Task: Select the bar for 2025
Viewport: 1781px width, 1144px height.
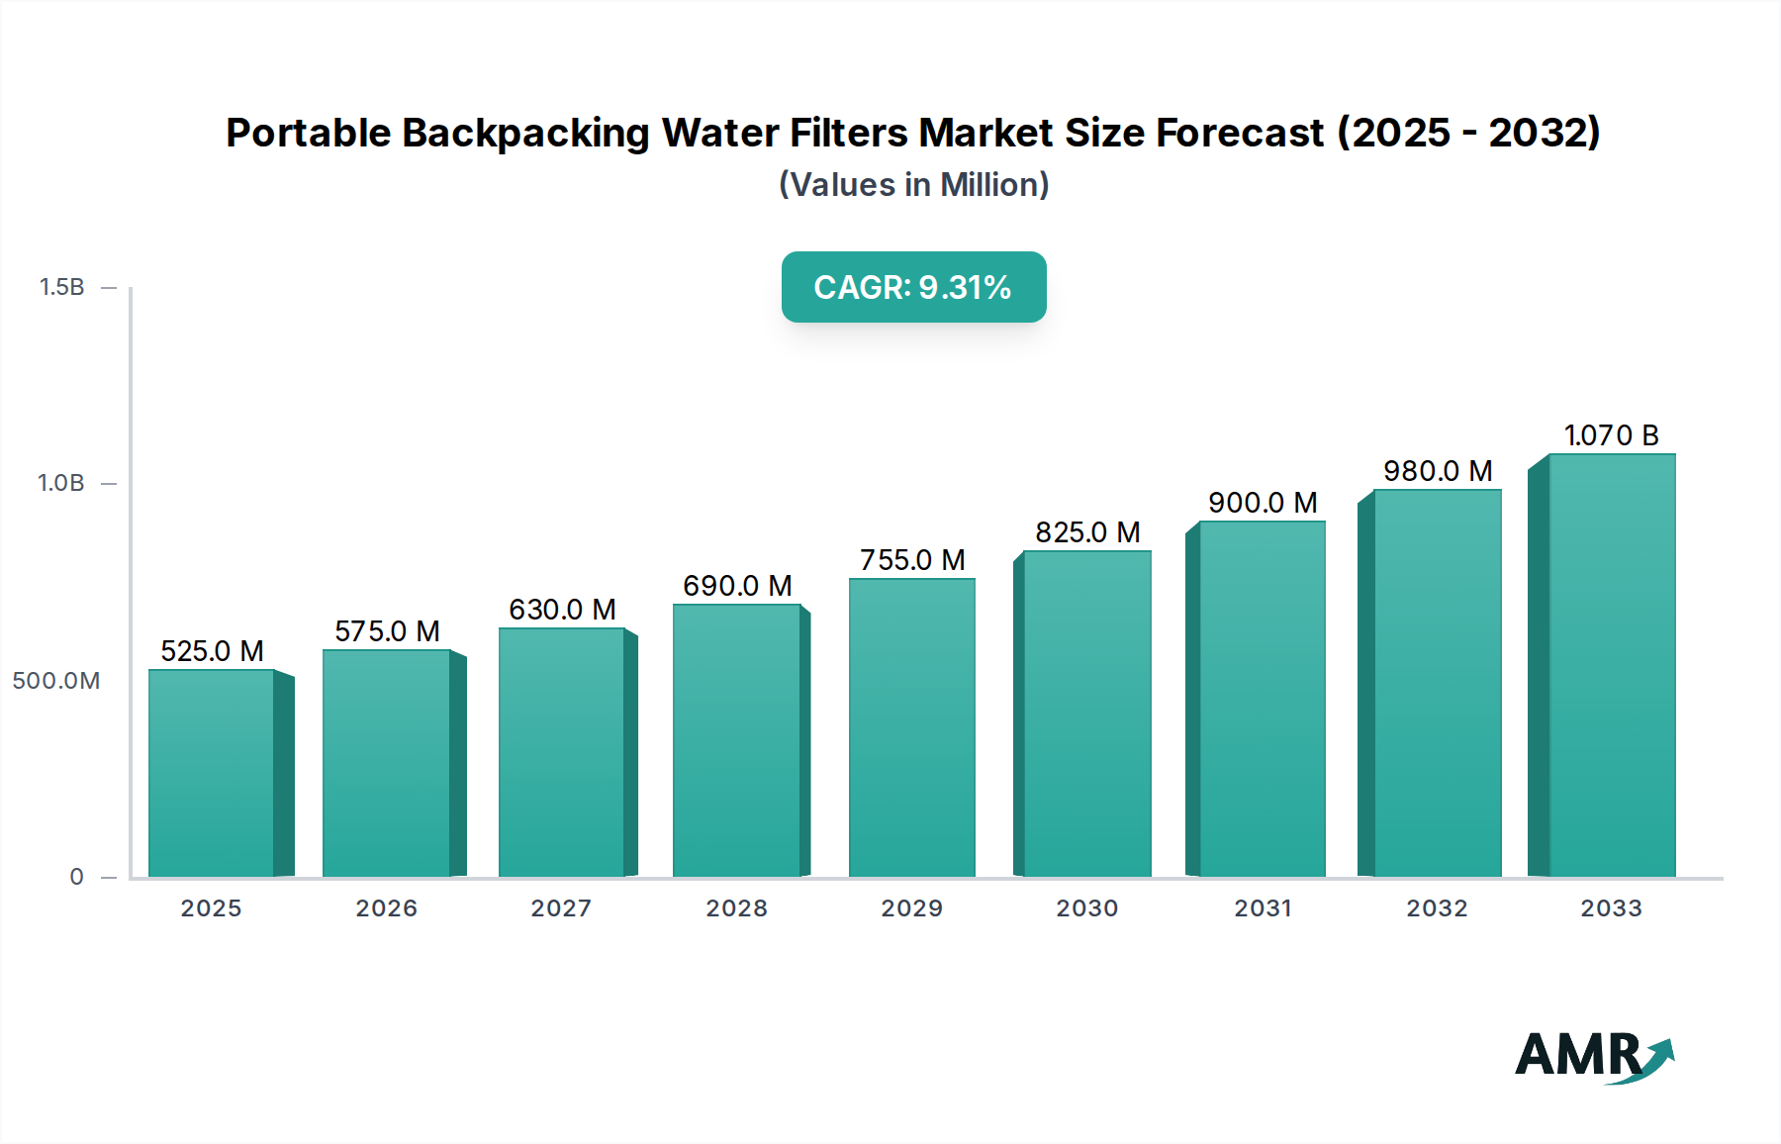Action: (x=212, y=773)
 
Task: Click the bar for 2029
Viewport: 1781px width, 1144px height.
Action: (x=911, y=727)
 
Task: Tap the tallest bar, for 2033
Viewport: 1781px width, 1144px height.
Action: (x=1612, y=665)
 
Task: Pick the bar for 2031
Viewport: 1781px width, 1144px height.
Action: (x=1262, y=699)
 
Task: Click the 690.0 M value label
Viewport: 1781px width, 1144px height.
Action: (x=737, y=586)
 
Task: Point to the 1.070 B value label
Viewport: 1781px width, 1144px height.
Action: (x=1611, y=435)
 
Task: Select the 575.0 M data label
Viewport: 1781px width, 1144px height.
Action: (x=387, y=631)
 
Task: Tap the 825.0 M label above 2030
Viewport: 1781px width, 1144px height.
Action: (x=1087, y=532)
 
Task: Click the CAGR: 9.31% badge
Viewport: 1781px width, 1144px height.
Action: (x=913, y=287)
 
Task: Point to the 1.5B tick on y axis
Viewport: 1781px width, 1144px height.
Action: (x=61, y=287)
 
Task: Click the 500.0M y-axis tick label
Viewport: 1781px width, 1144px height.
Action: (x=56, y=681)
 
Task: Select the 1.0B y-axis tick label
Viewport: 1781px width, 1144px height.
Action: (x=61, y=483)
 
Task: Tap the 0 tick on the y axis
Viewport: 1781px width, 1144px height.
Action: (x=77, y=877)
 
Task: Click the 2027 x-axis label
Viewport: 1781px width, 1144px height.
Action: (x=561, y=908)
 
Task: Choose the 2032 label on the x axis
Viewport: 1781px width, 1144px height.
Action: (x=1437, y=908)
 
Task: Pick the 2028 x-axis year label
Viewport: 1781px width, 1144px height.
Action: (x=736, y=908)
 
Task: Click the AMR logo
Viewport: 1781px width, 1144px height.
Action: (x=1593, y=1056)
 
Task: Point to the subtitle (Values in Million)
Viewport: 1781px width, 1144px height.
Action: (x=913, y=185)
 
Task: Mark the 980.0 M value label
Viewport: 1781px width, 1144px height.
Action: (x=1437, y=471)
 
